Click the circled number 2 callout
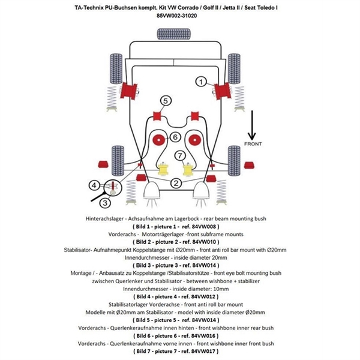tap(176, 183)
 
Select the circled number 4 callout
tap(94, 185)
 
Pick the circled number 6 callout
tap(175, 137)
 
